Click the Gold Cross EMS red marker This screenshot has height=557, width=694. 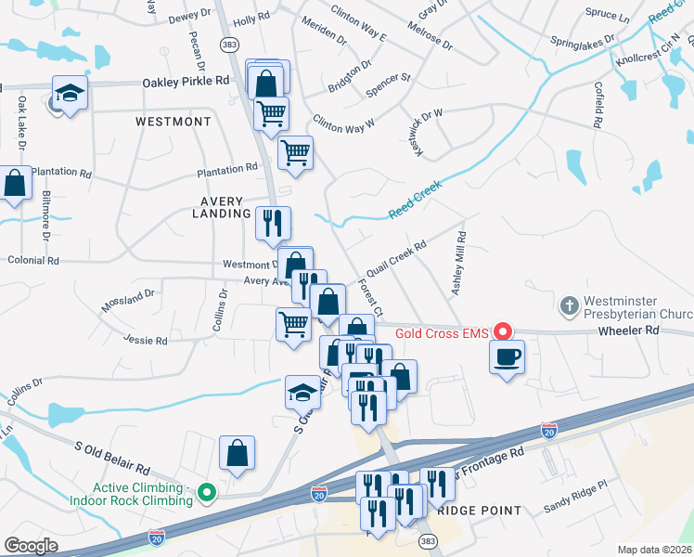point(503,331)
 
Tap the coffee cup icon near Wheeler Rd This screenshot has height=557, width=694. point(507,357)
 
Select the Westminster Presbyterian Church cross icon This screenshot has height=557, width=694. point(571,304)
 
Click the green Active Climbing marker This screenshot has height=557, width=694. point(207,493)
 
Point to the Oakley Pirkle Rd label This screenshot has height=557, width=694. point(186,82)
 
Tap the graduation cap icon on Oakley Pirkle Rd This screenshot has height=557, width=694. point(70,93)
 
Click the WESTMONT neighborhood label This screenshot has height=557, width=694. point(173,122)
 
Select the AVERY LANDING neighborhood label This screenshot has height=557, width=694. point(217,207)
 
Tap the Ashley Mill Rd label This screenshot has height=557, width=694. point(459,265)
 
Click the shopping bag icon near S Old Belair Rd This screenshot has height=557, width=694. point(238,454)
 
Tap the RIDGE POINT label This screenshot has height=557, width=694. point(479,511)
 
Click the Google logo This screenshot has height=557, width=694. point(32,545)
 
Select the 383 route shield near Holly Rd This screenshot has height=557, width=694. point(227,45)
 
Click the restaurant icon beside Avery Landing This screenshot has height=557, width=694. point(273,223)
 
